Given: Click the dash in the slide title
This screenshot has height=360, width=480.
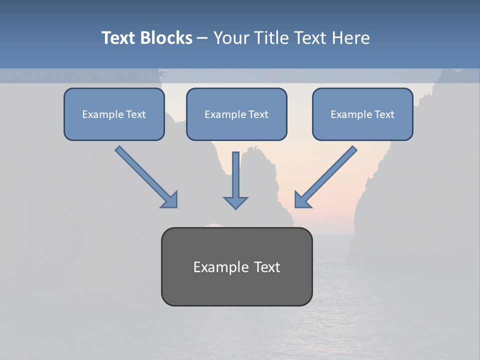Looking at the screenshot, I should click(202, 38).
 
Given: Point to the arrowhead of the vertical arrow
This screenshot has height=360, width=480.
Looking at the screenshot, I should click(235, 202).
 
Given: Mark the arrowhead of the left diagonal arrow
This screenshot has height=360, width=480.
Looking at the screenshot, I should click(170, 199).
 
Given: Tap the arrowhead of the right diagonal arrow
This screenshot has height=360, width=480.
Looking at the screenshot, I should click(302, 199).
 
